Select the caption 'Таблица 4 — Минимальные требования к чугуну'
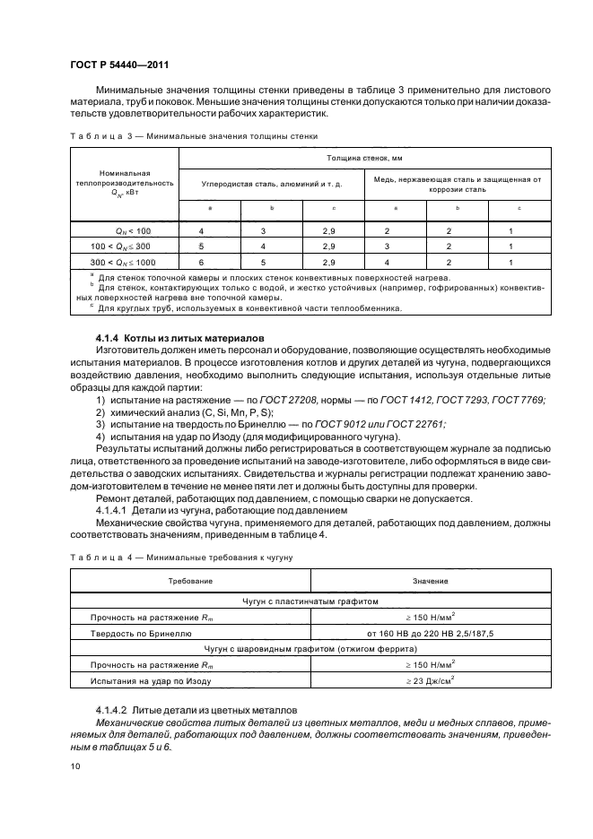pos(182,558)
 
